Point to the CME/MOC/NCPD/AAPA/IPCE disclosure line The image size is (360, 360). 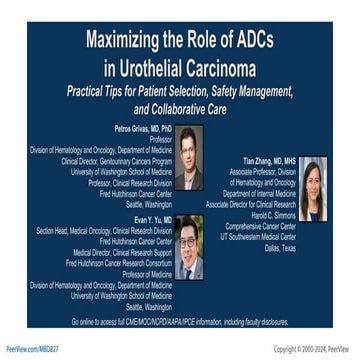pyautogui.click(x=180, y=322)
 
